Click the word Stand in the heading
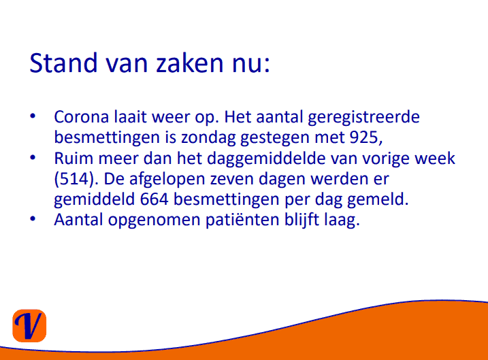[63, 63]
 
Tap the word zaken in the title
[189, 63]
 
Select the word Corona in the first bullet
[82, 117]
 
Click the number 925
[364, 137]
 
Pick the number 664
[154, 199]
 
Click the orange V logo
[29, 326]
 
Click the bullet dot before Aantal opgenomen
[33, 218]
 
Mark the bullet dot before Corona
[33, 116]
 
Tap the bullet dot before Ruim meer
[33, 157]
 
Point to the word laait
[130, 117]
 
